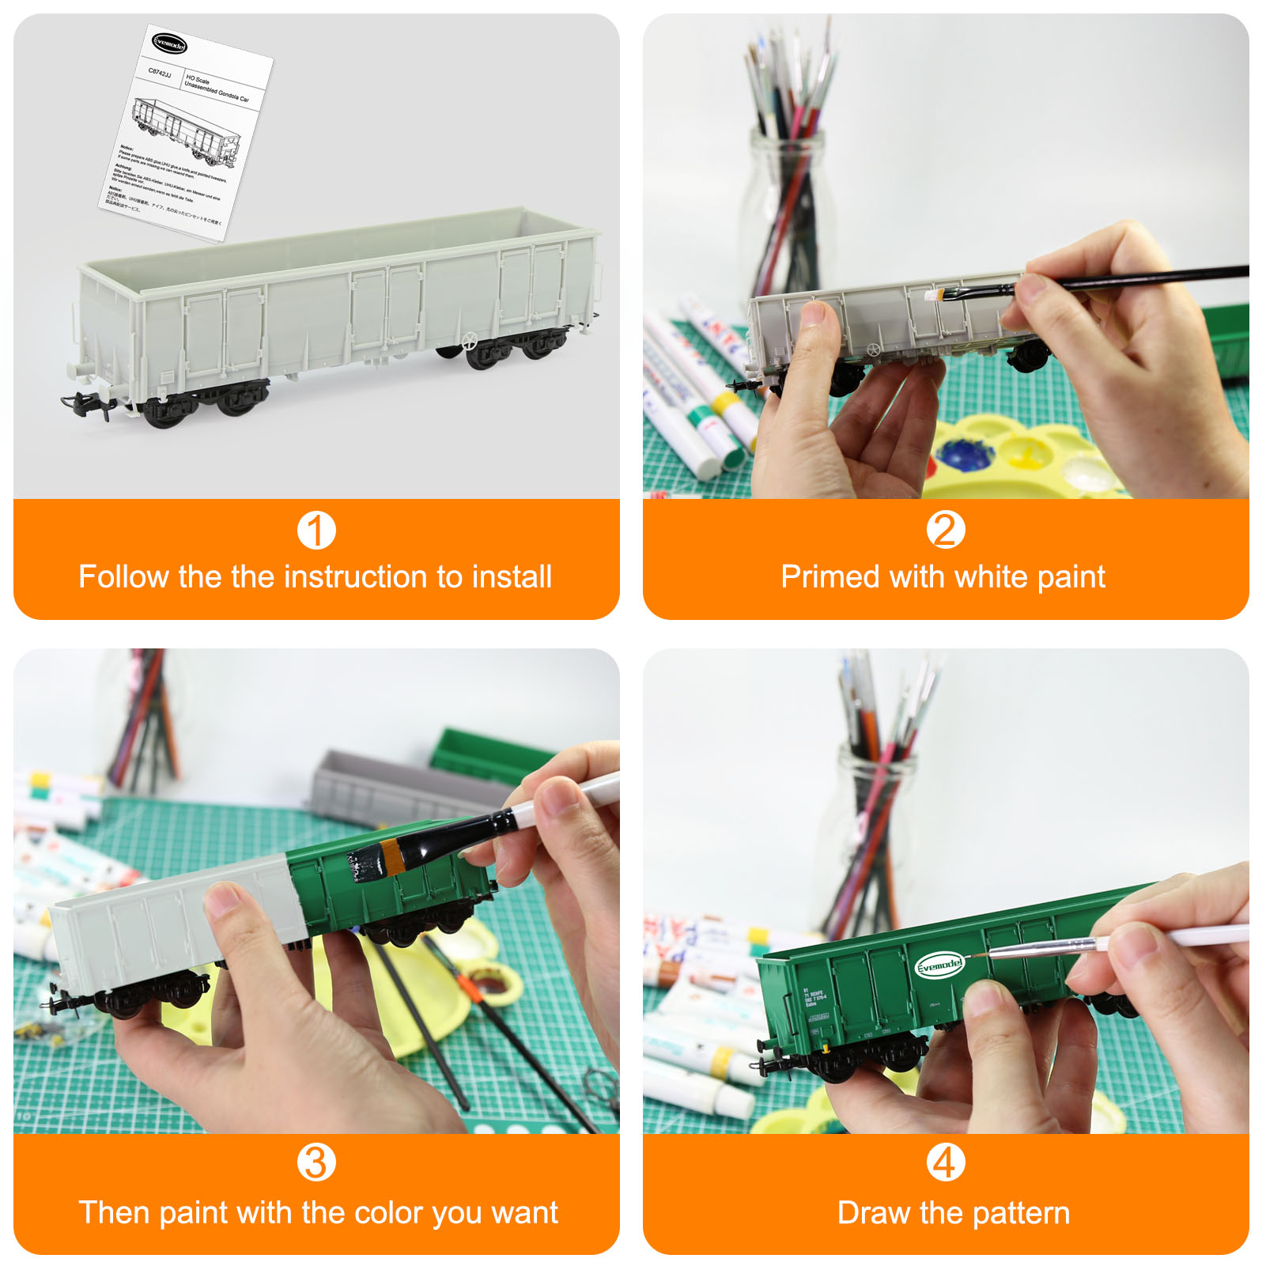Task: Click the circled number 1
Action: pyautogui.click(x=316, y=531)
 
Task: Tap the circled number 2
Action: pyautogui.click(x=946, y=530)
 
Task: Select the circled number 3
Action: pyautogui.click(x=316, y=1162)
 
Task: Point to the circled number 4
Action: pyautogui.click(x=946, y=1162)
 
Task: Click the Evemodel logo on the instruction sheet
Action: pyautogui.click(x=169, y=44)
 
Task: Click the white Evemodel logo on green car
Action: pyautogui.click(x=939, y=965)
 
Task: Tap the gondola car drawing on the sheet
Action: pyautogui.click(x=187, y=130)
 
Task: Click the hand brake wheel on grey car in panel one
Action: pyautogui.click(x=469, y=342)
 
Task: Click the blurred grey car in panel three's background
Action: pyautogui.click(x=395, y=787)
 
